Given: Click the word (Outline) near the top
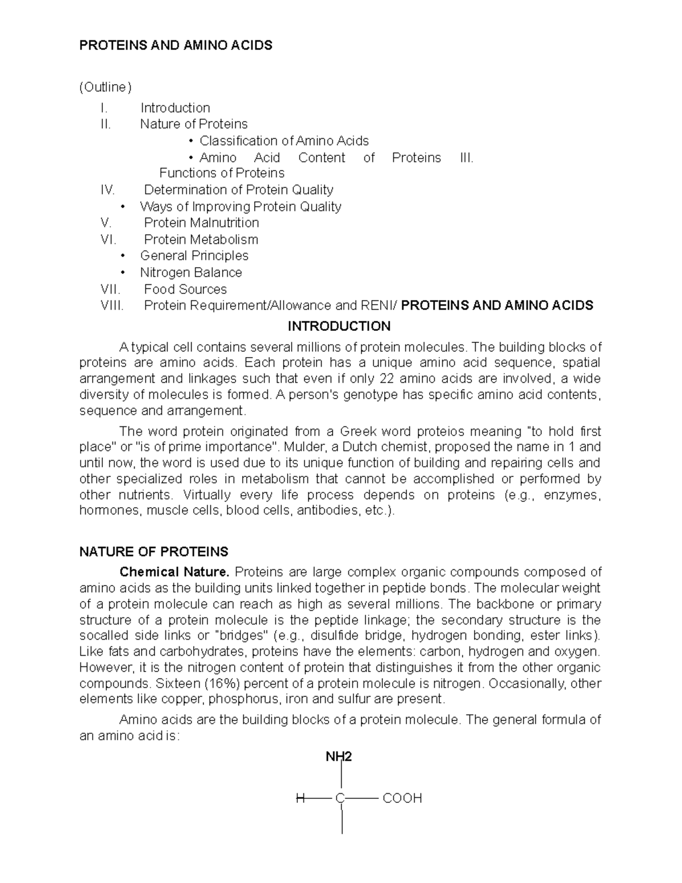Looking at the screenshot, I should click(105, 87).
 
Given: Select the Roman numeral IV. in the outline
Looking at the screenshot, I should click(107, 190).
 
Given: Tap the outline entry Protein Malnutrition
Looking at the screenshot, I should click(201, 223).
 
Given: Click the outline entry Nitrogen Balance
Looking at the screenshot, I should click(191, 273).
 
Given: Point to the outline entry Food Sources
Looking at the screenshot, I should click(185, 289).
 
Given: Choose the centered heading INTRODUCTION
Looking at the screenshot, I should click(339, 326).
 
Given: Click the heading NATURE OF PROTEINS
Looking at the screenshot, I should click(153, 552).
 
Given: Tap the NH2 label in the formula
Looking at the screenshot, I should click(339, 757).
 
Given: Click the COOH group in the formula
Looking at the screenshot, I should click(402, 798).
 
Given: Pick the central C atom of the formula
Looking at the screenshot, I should click(340, 798).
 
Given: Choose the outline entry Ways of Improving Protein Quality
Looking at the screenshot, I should click(240, 206).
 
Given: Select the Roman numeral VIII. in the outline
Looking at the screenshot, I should click(112, 306).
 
